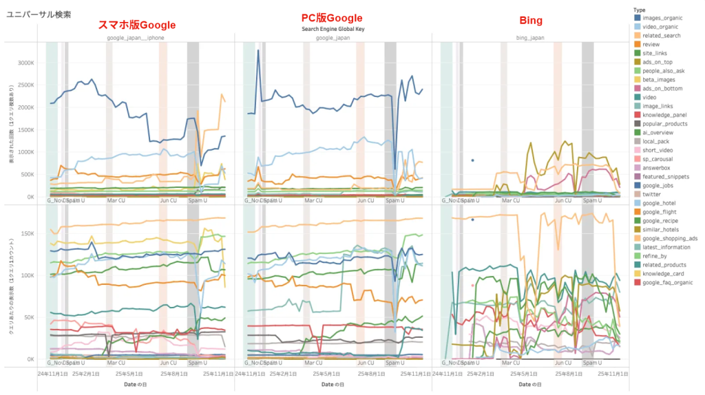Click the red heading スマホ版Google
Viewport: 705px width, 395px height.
pos(138,25)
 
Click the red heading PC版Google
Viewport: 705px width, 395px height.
pos(332,18)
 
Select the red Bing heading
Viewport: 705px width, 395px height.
pos(530,21)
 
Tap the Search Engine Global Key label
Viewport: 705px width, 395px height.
pos(332,30)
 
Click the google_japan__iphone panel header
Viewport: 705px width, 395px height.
pos(136,38)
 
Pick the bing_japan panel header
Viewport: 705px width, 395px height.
pos(530,38)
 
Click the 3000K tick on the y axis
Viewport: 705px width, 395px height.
pos(25,63)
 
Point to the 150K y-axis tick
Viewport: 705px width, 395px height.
pos(26,233)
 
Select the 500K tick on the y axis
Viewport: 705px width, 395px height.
pos(26,174)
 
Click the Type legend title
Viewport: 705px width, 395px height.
pos(639,10)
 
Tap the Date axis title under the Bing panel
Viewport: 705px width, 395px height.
pos(530,385)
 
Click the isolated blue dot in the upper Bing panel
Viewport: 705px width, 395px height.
pos(472,160)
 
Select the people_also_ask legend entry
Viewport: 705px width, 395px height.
pos(664,71)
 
